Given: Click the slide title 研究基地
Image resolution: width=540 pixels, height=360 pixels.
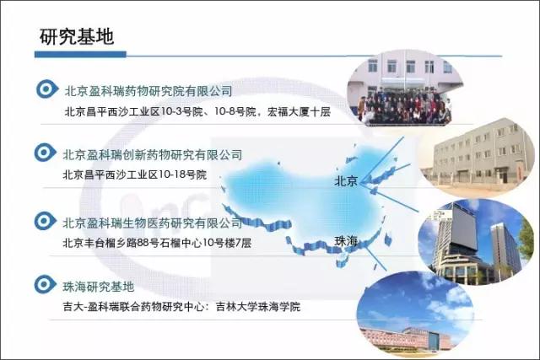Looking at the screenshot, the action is click(x=77, y=36).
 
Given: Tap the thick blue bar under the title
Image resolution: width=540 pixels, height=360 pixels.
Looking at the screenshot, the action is click(x=80, y=54).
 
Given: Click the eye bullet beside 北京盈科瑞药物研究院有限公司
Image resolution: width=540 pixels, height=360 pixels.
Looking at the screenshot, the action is click(x=46, y=89).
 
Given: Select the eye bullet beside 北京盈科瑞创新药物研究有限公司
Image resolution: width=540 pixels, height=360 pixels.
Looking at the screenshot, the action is click(x=45, y=153).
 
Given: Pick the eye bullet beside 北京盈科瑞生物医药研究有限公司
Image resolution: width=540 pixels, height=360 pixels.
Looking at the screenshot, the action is click(x=45, y=221).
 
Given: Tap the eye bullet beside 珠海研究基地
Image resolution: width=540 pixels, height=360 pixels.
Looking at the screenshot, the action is click(x=45, y=285).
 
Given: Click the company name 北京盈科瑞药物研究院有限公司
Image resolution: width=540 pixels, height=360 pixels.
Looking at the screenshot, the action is click(x=148, y=91).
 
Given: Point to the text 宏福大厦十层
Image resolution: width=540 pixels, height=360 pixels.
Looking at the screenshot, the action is click(x=299, y=111).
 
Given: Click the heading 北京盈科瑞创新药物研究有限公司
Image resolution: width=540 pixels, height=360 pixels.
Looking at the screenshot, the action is click(x=152, y=155).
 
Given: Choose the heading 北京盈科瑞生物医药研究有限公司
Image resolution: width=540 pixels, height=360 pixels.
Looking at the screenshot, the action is click(x=152, y=223).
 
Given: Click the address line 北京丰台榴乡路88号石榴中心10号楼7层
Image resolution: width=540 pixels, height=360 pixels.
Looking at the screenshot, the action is click(x=157, y=243).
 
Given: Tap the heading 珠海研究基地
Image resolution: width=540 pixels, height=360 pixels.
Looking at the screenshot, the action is click(x=98, y=287).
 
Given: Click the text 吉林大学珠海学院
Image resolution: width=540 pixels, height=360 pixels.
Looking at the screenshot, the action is click(x=258, y=306).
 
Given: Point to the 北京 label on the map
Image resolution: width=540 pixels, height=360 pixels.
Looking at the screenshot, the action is click(x=346, y=181).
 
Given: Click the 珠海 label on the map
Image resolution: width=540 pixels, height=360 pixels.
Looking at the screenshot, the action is click(x=346, y=241).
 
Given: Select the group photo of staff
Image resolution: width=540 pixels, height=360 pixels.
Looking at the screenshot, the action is click(x=405, y=89).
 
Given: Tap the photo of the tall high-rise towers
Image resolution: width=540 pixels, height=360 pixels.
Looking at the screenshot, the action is click(x=476, y=242).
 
